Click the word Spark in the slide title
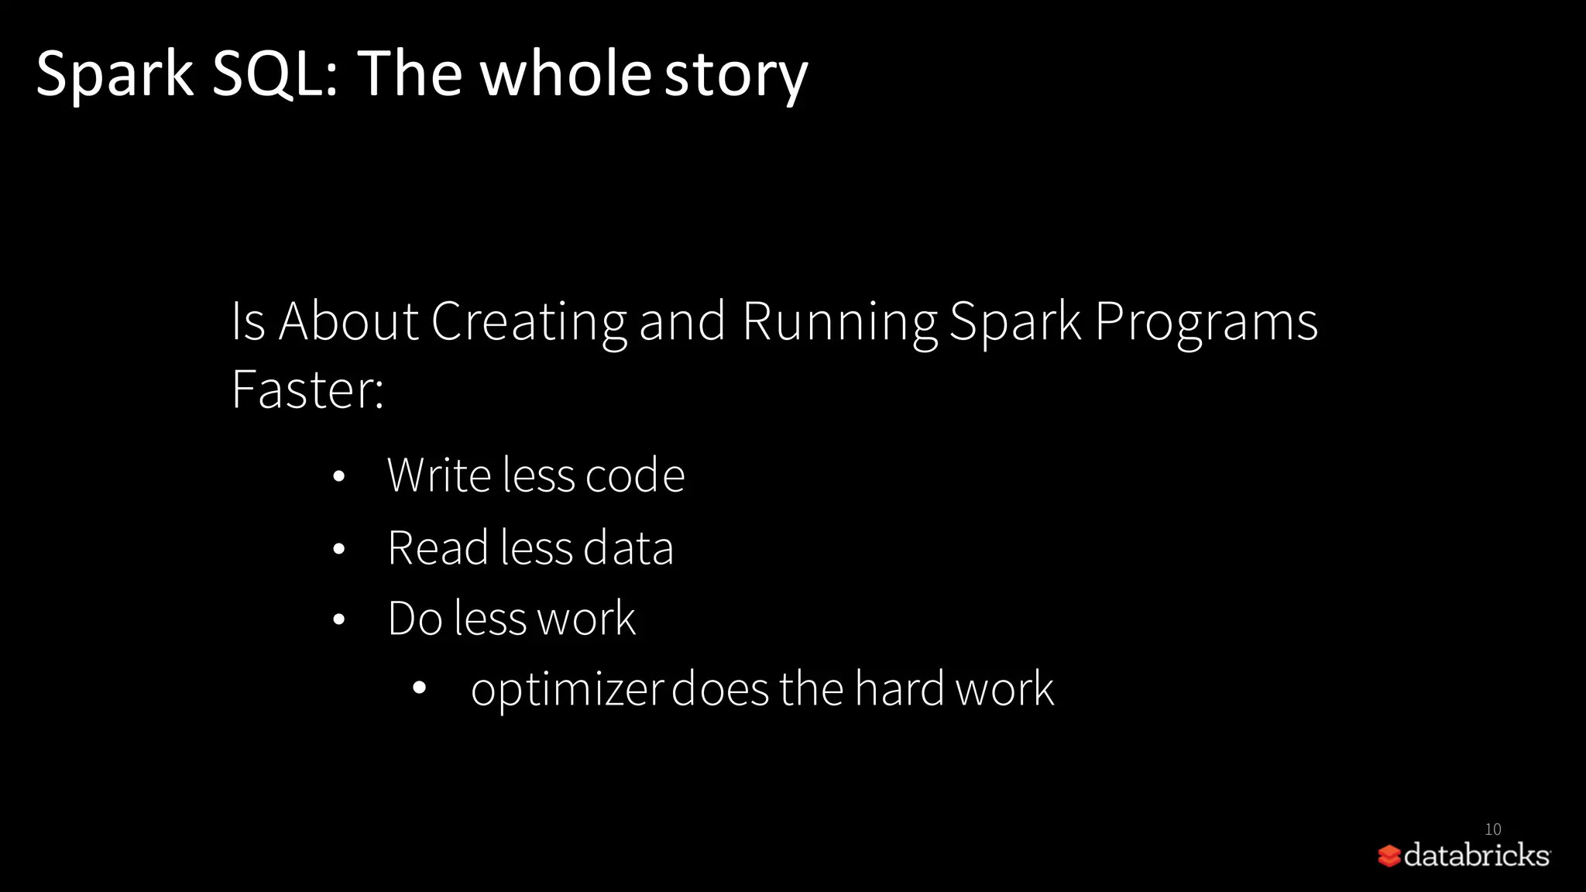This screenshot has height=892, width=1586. [x=115, y=74]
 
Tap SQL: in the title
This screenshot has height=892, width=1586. [x=276, y=74]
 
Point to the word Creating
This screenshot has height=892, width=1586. [x=529, y=321]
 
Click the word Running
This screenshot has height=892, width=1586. [x=839, y=321]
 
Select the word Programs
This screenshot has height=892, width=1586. [x=1207, y=321]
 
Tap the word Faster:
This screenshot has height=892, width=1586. [x=307, y=389]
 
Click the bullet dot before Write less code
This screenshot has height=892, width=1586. [x=338, y=477]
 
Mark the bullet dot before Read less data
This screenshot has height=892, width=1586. [x=338, y=550]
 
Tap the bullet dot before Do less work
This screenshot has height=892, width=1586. [x=338, y=620]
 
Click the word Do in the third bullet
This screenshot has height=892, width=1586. [x=415, y=619]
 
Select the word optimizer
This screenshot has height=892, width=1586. [x=567, y=689]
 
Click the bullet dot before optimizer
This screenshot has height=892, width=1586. [x=420, y=687]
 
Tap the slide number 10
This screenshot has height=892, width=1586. [x=1493, y=829]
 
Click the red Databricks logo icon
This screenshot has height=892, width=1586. [x=1389, y=856]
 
